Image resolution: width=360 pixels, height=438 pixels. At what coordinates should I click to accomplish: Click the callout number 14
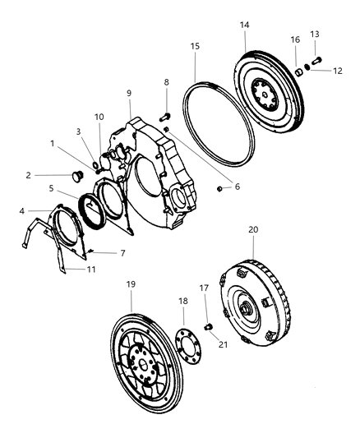tap(244, 26)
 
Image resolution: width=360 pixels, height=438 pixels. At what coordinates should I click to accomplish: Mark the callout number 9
tap(129, 93)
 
